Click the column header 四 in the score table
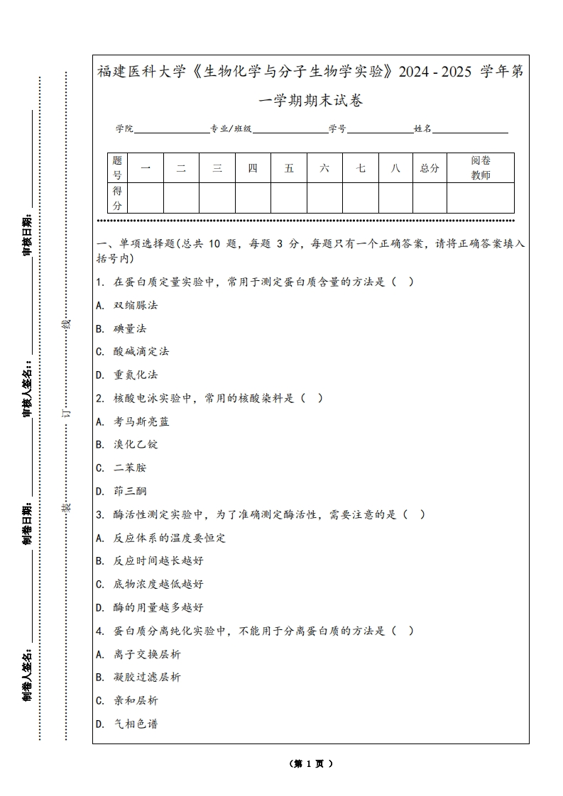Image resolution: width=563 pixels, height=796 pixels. [x=253, y=168]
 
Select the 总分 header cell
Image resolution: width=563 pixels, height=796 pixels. [x=430, y=168]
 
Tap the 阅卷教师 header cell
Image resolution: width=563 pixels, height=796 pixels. [x=481, y=168]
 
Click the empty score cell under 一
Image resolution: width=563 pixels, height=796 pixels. [x=146, y=198]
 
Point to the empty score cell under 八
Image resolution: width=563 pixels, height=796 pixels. [x=395, y=198]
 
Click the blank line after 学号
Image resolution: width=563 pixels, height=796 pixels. [x=380, y=130]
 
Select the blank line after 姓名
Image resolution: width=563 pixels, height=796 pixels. [x=470, y=130]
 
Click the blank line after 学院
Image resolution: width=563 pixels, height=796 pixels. [x=171, y=130]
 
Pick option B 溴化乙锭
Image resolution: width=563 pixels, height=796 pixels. [x=136, y=444]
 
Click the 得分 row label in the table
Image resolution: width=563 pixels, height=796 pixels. [x=118, y=198]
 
